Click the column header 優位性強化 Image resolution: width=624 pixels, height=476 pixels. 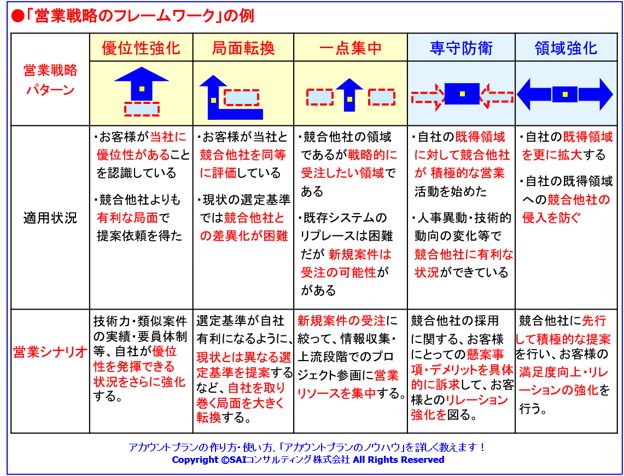point(141,48)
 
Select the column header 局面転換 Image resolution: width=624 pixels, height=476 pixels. point(243,48)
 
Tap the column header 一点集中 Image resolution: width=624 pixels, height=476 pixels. point(350,48)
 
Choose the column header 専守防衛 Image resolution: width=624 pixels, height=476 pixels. point(461,48)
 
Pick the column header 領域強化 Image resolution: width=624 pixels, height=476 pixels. point(566,48)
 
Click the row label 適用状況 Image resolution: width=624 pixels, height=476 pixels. point(50,218)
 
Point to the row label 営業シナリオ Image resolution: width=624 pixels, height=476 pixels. point(50,352)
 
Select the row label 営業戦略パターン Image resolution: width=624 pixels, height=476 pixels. point(50,80)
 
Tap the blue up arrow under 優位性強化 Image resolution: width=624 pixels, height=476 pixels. point(142,84)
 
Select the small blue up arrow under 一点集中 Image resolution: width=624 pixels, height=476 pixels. point(349,95)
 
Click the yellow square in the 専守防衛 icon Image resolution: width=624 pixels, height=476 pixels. point(462,94)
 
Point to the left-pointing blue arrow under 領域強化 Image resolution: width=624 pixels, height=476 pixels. point(534,94)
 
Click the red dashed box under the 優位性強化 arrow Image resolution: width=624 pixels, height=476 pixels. point(142,109)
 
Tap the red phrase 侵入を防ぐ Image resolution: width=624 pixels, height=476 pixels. point(552,218)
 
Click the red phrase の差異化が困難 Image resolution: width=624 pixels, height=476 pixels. point(243,236)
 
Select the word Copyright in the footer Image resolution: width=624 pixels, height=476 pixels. point(194,460)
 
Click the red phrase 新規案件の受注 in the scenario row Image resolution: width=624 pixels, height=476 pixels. point(341,321)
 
